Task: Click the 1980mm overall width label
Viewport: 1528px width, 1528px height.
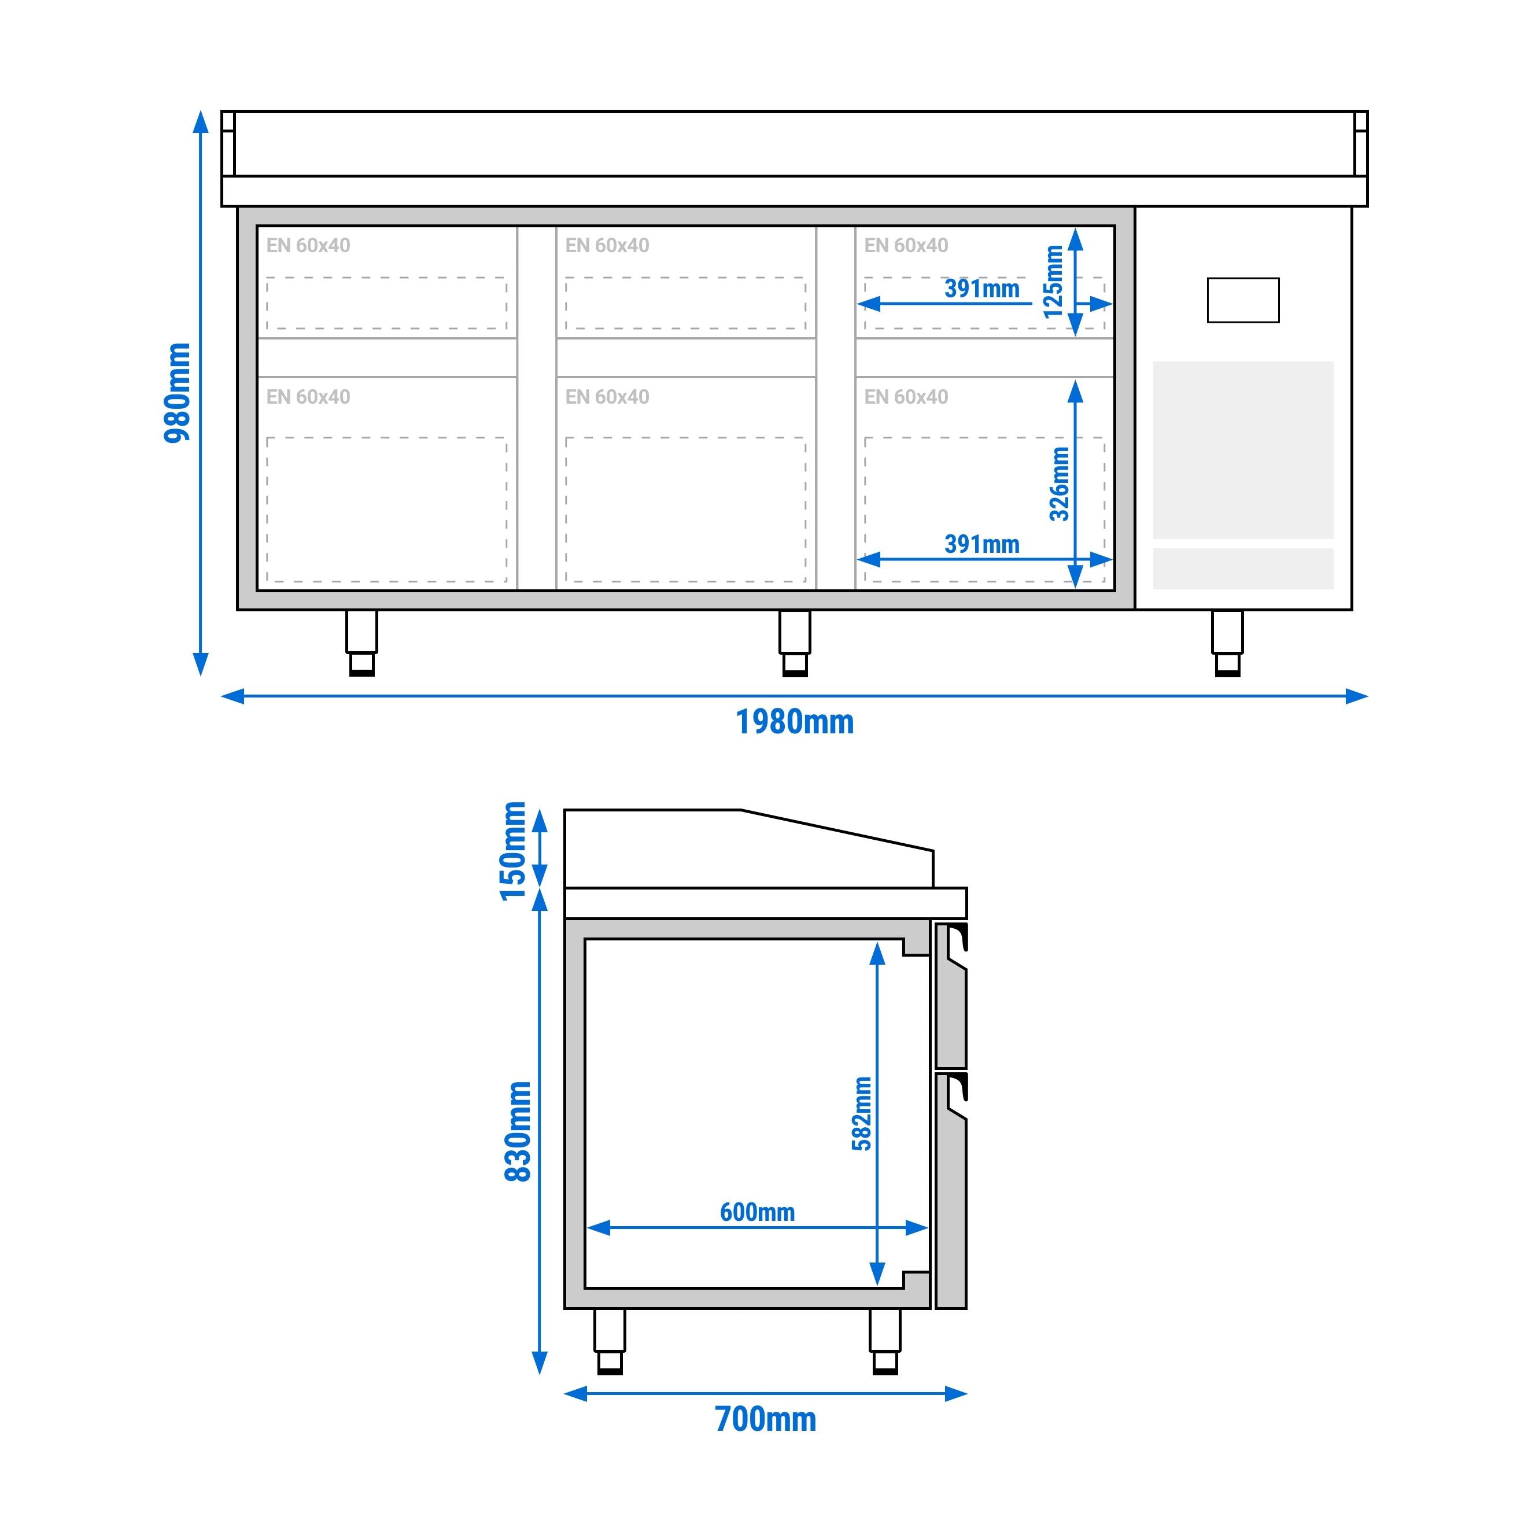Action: pyautogui.click(x=795, y=722)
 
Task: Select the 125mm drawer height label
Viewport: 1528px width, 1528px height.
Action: pyautogui.click(x=1054, y=282)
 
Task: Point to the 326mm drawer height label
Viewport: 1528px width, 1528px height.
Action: pyautogui.click(x=1060, y=484)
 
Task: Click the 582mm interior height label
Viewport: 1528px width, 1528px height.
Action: pyautogui.click(x=862, y=1113)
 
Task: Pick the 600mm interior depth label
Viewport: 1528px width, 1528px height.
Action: pyautogui.click(x=757, y=1212)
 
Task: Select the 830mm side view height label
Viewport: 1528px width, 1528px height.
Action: pyautogui.click(x=518, y=1131)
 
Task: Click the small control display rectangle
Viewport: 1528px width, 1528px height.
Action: pyautogui.click(x=1242, y=300)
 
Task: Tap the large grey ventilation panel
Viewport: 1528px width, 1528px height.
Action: pyautogui.click(x=1242, y=450)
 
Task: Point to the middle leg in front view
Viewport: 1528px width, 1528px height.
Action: pyautogui.click(x=795, y=643)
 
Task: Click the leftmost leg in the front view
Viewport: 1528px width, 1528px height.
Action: pyautogui.click(x=361, y=643)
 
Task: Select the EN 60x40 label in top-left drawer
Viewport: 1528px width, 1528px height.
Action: pyautogui.click(x=308, y=245)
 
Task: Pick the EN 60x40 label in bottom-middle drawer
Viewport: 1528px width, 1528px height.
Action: pyautogui.click(x=607, y=397)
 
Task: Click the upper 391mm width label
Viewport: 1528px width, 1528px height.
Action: pyautogui.click(x=981, y=289)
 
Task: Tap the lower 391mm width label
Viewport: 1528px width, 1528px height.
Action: pyautogui.click(x=981, y=544)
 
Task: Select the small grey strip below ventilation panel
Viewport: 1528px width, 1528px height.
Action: pyautogui.click(x=1242, y=569)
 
